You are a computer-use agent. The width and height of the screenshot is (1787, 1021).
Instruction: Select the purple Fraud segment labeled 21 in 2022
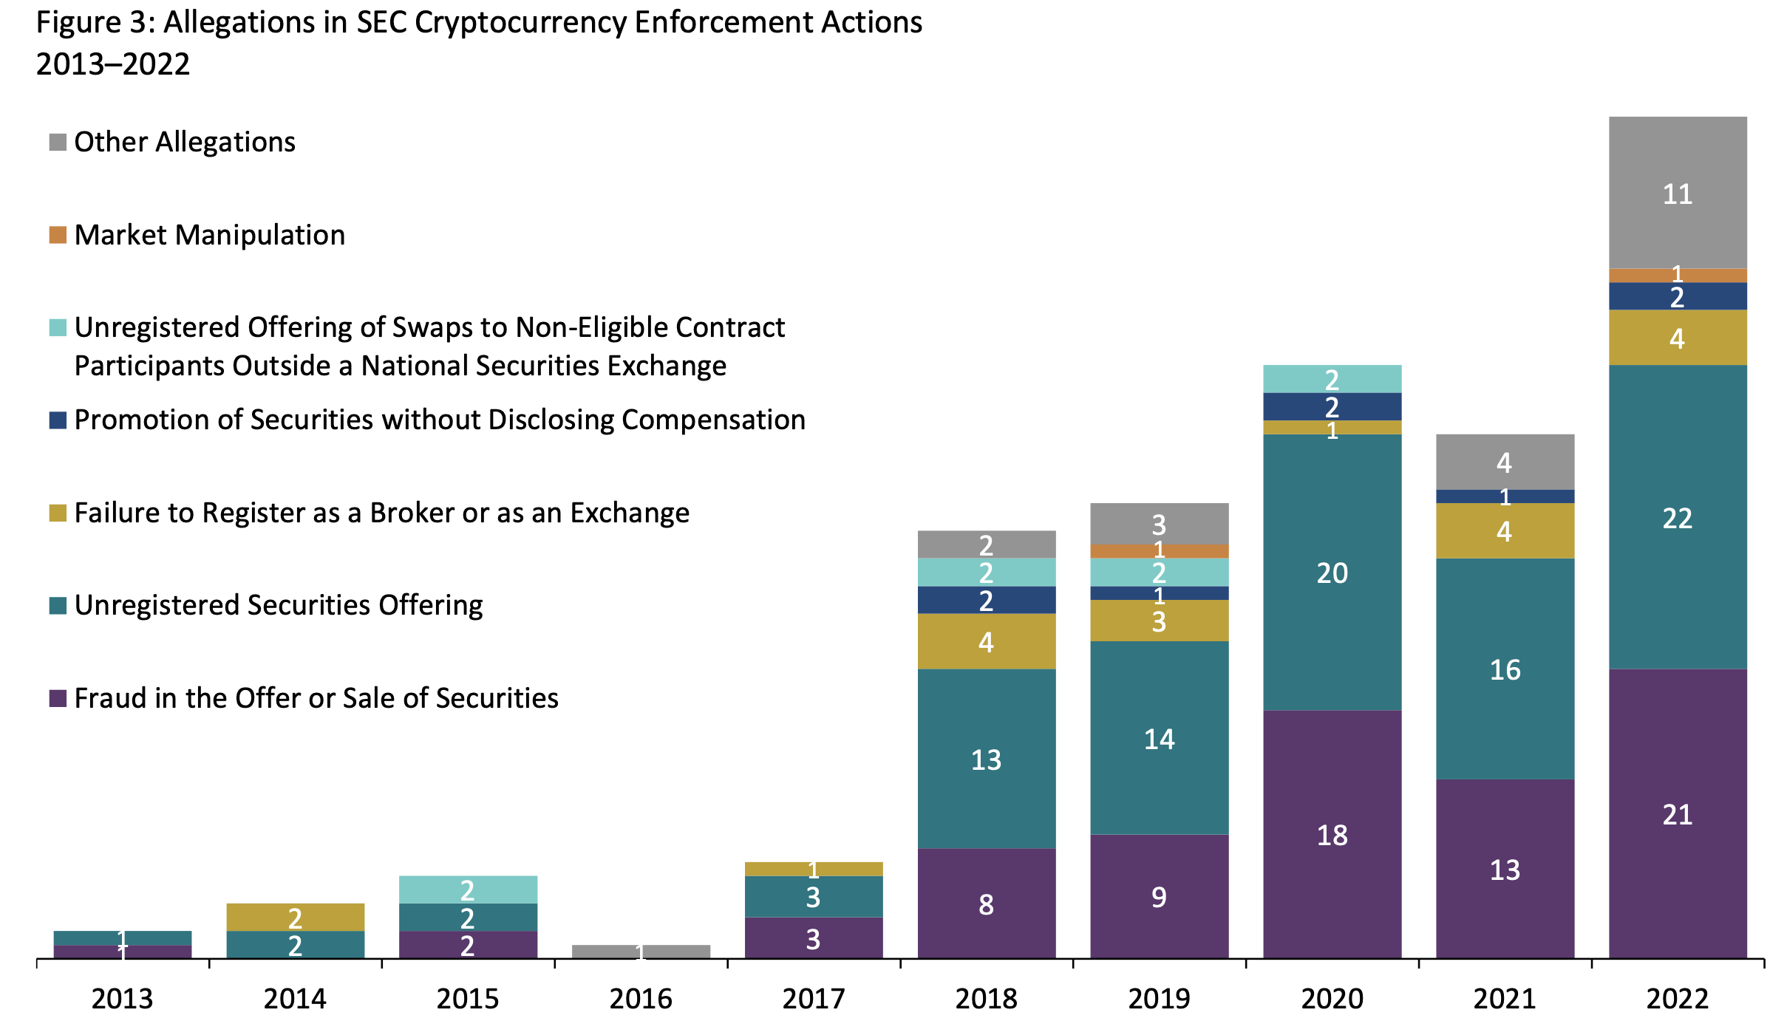point(1677,813)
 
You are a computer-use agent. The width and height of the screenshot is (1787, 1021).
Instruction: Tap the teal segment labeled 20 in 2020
point(1332,573)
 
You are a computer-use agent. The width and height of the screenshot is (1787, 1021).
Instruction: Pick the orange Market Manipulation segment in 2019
point(1159,551)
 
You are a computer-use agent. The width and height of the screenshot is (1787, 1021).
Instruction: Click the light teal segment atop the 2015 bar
point(468,889)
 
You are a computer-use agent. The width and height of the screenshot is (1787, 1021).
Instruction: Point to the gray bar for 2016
point(641,952)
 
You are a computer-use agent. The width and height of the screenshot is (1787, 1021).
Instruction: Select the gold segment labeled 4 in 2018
point(986,641)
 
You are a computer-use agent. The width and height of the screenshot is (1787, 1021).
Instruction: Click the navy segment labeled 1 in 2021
point(1505,496)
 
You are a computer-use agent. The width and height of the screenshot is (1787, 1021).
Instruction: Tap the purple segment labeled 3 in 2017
point(813,938)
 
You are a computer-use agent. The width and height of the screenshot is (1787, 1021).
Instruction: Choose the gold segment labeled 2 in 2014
point(295,917)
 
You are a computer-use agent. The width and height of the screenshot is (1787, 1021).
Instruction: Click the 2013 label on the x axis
point(122,999)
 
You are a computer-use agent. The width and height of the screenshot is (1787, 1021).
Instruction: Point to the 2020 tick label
point(1332,999)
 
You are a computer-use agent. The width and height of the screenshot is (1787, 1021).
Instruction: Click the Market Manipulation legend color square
point(58,235)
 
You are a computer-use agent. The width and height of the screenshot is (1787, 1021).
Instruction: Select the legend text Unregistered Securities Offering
point(279,605)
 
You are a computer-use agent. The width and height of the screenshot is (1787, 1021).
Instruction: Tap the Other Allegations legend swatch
point(58,142)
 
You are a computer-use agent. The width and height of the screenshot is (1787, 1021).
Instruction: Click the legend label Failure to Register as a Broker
point(381,513)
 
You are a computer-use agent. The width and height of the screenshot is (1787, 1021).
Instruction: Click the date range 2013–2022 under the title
point(112,64)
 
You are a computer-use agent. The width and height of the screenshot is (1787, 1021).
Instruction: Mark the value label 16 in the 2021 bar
point(1505,669)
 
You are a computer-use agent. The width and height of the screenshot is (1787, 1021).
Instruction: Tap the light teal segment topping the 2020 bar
point(1332,379)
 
